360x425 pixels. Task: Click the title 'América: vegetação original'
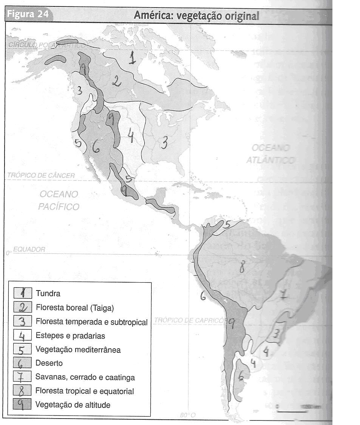[x=196, y=16]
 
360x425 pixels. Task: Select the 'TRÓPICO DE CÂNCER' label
[x=41, y=176]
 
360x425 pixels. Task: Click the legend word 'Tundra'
[x=48, y=293]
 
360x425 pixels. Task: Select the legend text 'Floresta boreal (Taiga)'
[x=74, y=308]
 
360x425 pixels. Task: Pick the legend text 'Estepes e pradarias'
[x=70, y=335]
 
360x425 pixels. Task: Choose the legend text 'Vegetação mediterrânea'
[x=78, y=349]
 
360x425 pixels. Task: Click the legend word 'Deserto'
[x=49, y=363]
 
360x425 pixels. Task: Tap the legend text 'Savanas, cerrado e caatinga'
[x=85, y=377]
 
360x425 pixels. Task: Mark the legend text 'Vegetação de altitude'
[x=73, y=405]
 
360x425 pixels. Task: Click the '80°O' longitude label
[x=188, y=415]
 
